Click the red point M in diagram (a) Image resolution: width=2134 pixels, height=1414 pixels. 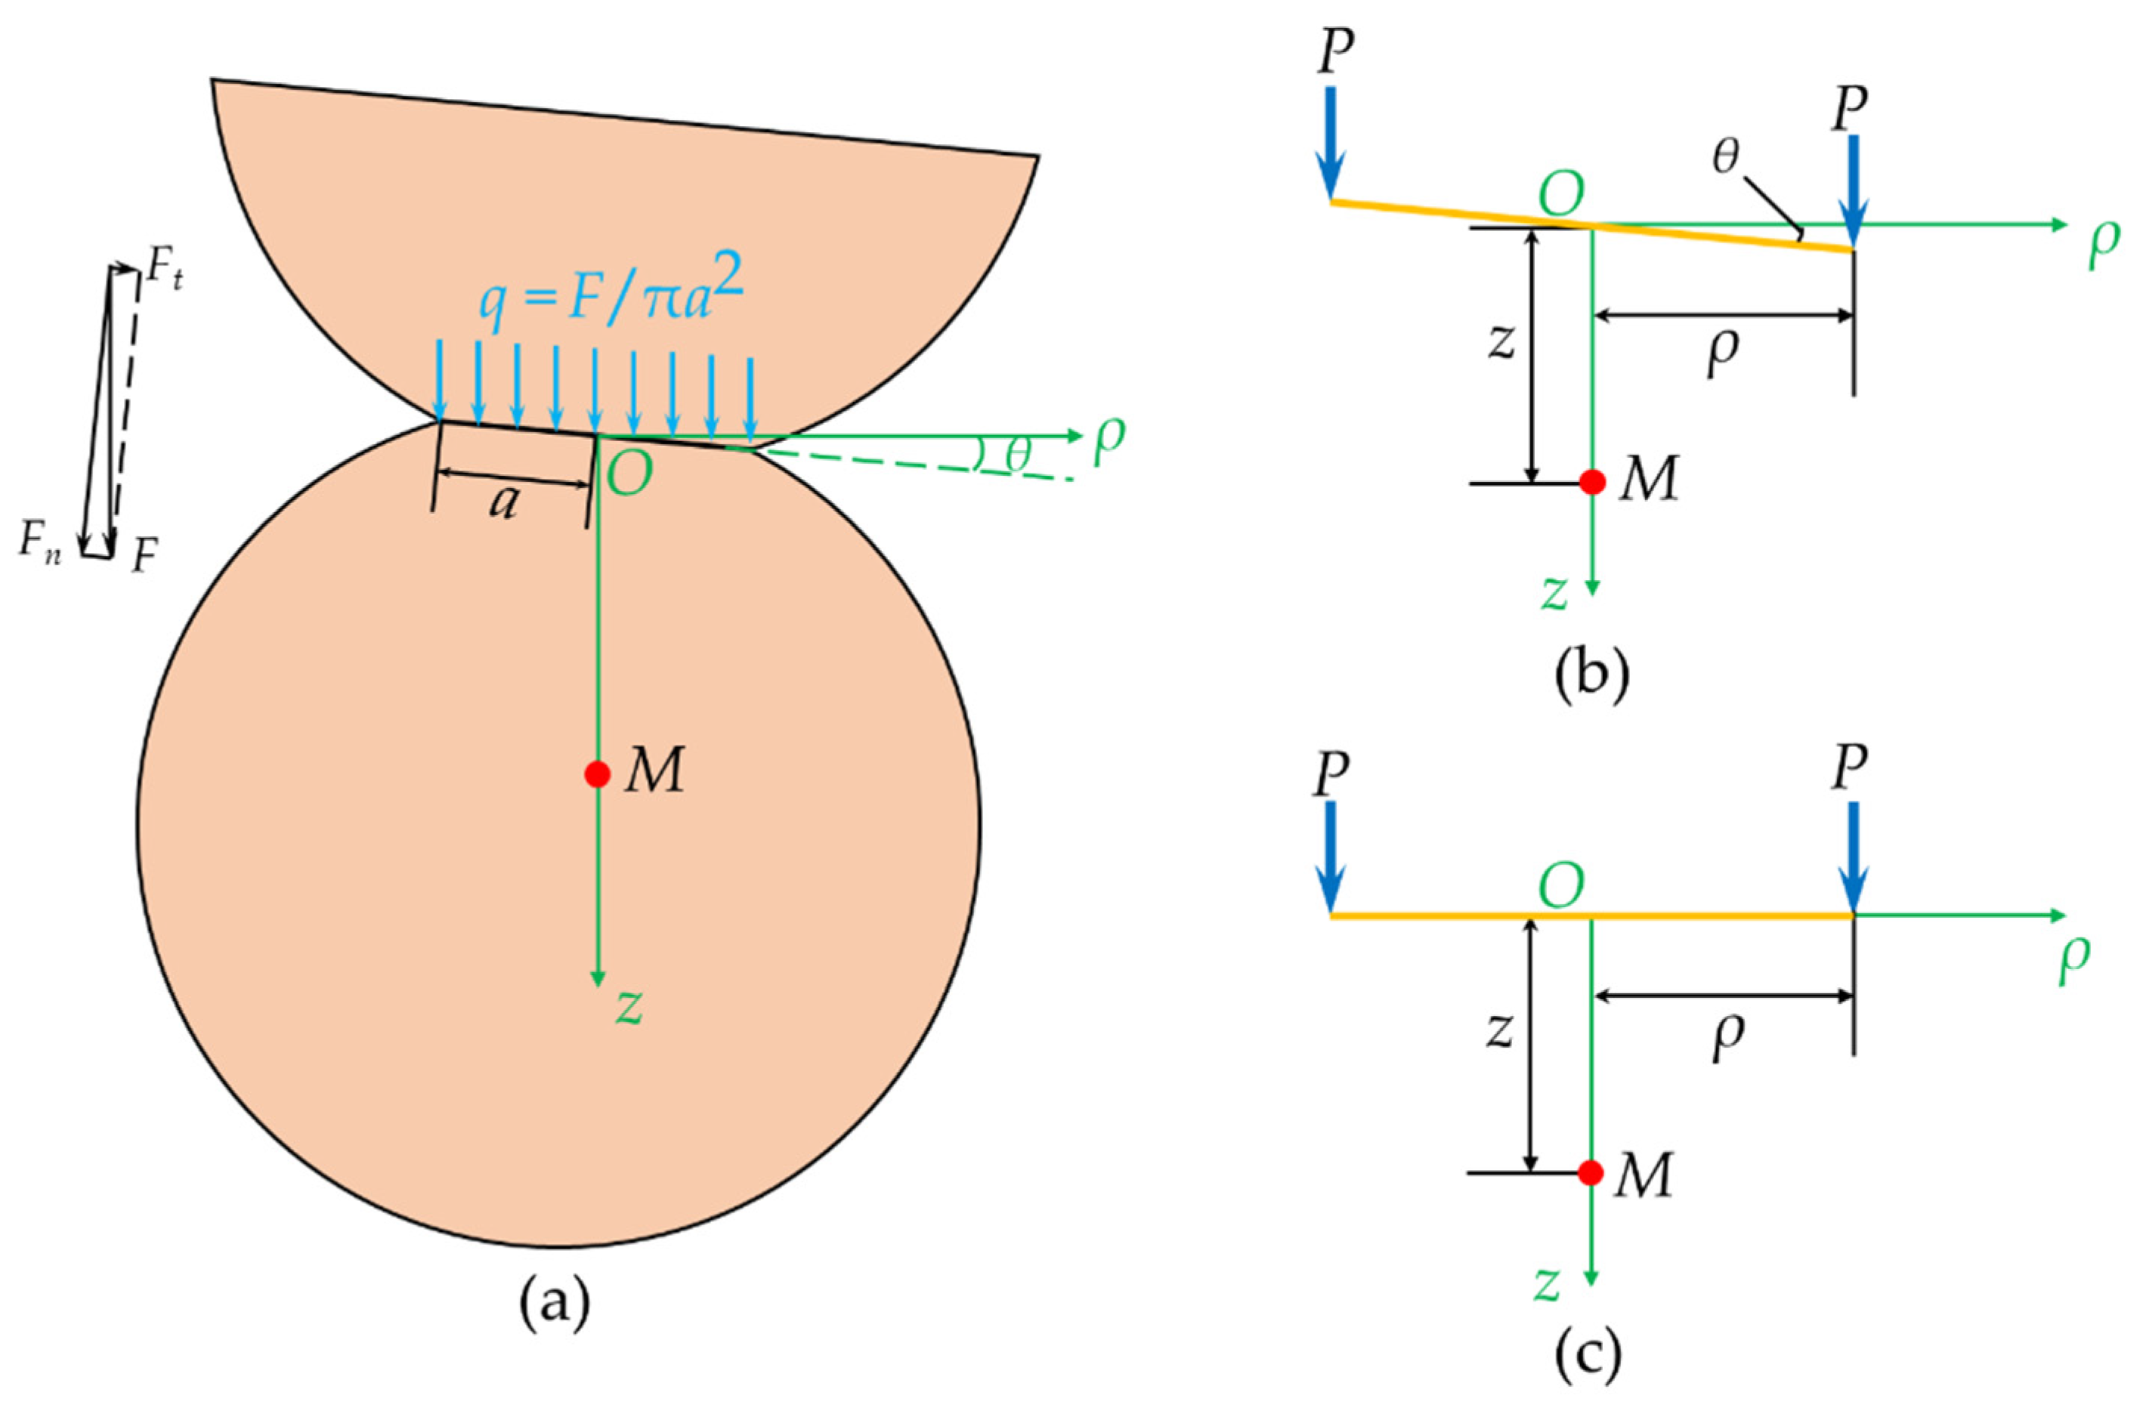tap(596, 773)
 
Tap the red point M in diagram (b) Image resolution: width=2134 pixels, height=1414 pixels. tap(1593, 483)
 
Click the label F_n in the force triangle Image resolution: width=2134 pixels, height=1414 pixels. tap(42, 543)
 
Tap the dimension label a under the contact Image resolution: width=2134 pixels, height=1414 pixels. tap(504, 502)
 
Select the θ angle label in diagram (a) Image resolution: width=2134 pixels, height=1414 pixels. tap(1017, 455)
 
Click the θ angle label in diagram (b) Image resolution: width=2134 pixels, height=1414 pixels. tap(1725, 159)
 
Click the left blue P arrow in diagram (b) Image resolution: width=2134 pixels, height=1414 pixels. tap(1331, 144)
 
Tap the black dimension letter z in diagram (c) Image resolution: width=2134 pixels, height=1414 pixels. tap(1499, 1030)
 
